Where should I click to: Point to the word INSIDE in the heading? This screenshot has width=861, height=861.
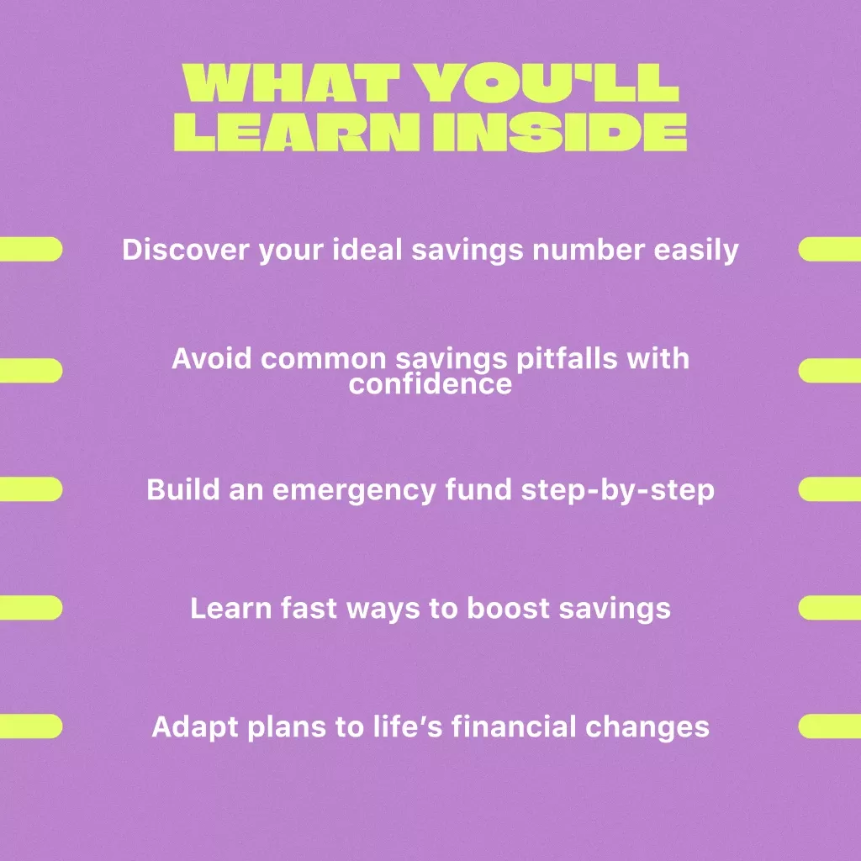pos(560,132)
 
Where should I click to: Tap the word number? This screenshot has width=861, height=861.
pos(588,249)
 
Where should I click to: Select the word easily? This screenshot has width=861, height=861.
pos(696,251)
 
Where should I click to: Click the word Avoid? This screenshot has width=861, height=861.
pos(211,358)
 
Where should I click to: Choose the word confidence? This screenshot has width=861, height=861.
pos(430,383)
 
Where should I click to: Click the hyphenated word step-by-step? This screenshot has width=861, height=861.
pos(618,490)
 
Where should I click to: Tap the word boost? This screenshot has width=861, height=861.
pos(508,608)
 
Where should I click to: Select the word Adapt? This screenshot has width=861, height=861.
pos(195,728)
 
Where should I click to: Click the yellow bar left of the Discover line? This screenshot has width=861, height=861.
pos(31,249)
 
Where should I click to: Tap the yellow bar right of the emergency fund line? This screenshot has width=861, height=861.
pos(830,489)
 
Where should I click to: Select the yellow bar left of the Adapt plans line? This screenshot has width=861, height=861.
pos(31,726)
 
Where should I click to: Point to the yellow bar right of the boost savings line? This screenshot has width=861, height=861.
pos(830,608)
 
